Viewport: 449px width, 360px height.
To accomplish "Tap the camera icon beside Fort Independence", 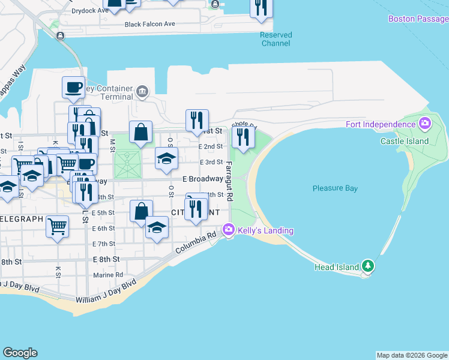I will [425, 124].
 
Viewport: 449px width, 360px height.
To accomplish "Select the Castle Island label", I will [405, 141].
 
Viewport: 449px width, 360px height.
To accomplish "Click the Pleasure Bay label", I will [335, 188].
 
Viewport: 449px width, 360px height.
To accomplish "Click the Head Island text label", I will [336, 267].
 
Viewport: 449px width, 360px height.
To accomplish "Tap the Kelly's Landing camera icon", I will [228, 230].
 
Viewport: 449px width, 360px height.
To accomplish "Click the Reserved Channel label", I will [276, 39].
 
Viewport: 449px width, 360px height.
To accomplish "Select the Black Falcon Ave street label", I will [149, 24].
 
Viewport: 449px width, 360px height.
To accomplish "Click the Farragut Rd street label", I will [229, 180].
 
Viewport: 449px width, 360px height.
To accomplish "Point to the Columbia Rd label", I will [196, 243].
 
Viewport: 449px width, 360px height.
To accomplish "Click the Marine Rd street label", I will [108, 275].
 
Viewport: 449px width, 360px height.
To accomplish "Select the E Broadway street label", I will [203, 179].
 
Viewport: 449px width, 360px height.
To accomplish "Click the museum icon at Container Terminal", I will [142, 91].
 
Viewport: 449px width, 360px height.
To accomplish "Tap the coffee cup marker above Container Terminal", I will [73, 87].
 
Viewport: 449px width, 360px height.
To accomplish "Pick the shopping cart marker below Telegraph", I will [57, 227].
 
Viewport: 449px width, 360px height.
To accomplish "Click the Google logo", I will [20, 353].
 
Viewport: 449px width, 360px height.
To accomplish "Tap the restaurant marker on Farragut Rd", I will [243, 138].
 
